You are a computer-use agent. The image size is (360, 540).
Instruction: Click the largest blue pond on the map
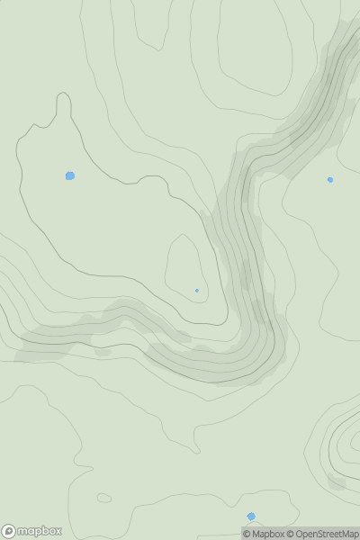[70, 175]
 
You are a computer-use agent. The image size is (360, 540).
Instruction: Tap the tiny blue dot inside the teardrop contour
[197, 290]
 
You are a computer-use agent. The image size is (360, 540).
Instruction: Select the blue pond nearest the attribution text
[251, 517]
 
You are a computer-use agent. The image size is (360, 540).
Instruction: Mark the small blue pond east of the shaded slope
[330, 180]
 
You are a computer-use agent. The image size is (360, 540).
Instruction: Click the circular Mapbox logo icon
[9, 531]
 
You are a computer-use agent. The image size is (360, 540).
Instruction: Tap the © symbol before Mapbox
[247, 534]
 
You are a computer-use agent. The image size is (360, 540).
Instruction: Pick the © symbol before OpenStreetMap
[290, 534]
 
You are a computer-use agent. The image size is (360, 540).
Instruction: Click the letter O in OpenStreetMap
[299, 534]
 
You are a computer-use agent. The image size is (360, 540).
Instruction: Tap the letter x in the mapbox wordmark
[58, 531]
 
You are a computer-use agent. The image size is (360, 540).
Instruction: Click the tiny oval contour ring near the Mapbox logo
[103, 498]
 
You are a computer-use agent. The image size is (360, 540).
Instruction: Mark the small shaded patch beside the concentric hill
[337, 482]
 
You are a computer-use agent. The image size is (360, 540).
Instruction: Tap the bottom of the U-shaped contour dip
[216, 321]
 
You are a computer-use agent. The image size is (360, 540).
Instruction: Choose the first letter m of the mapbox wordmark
[23, 531]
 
